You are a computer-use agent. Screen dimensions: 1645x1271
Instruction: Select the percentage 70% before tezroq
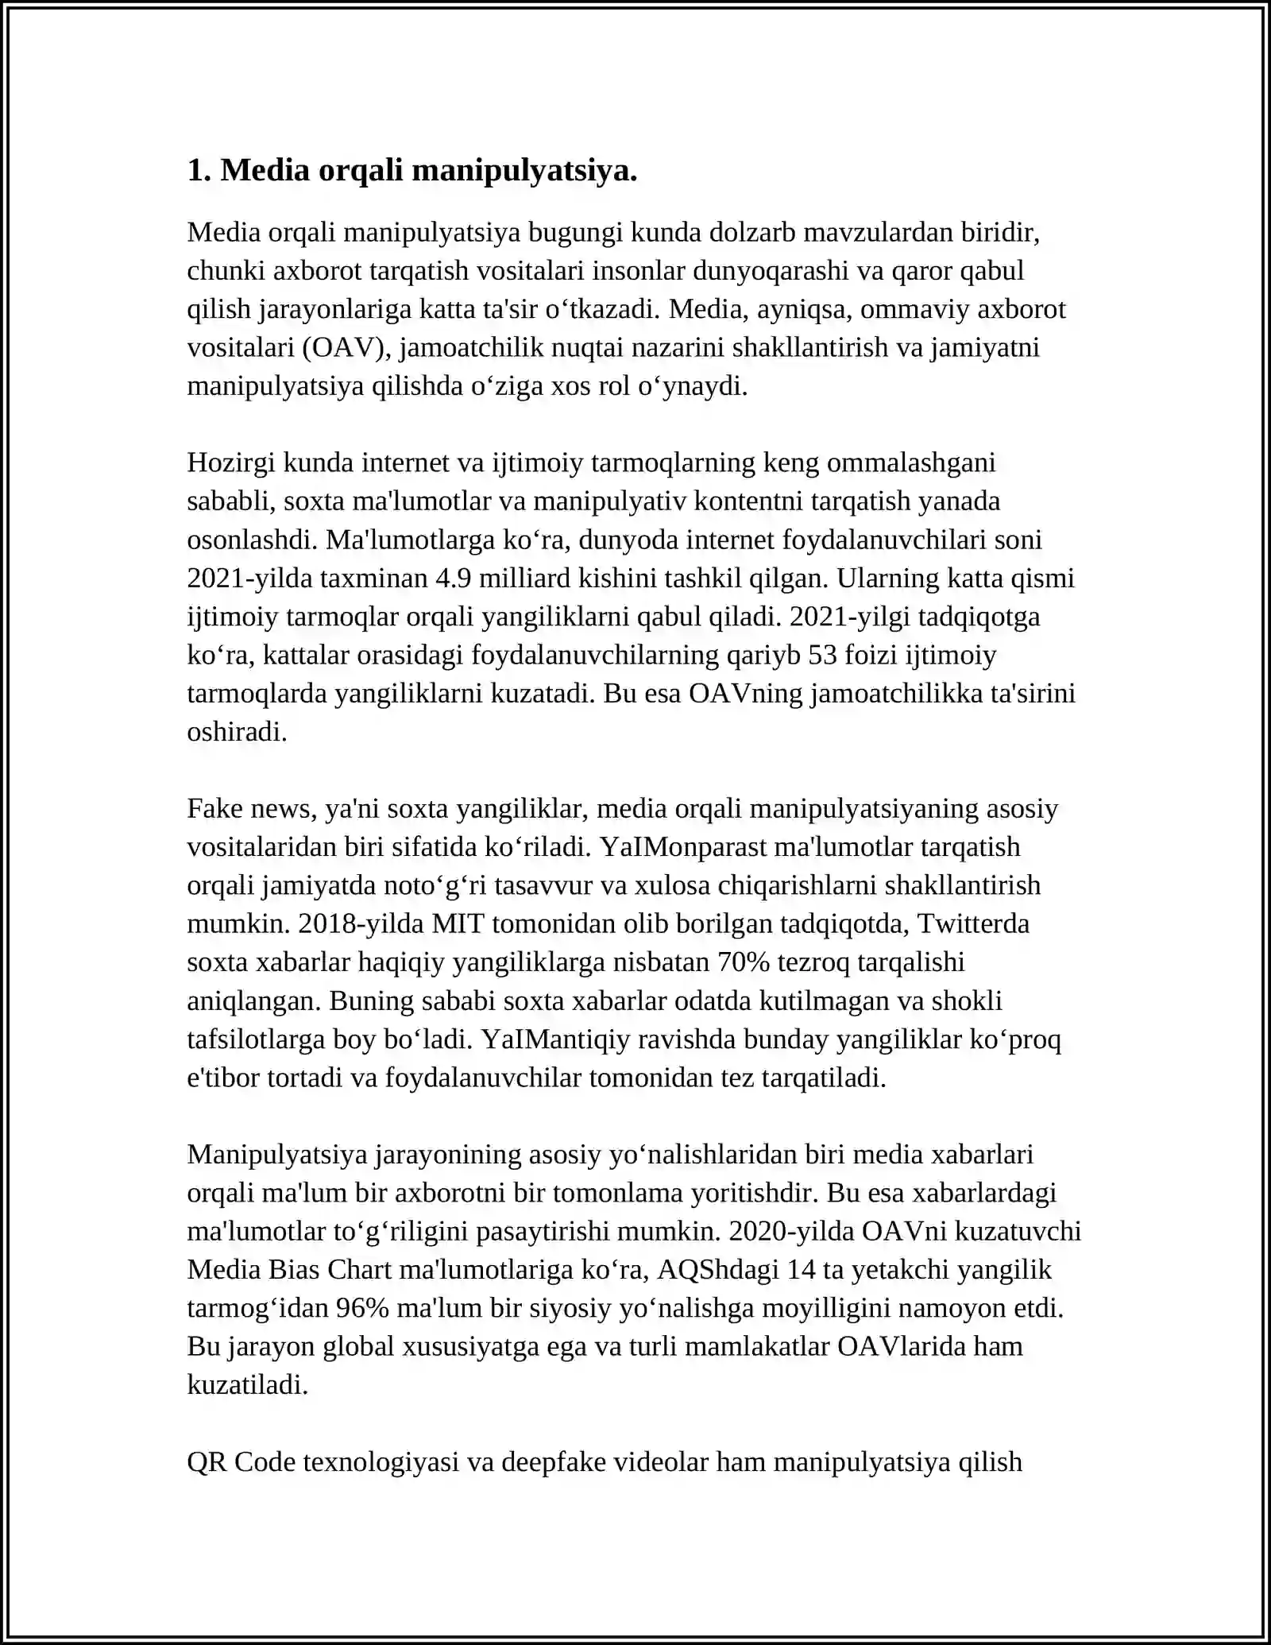[x=744, y=962]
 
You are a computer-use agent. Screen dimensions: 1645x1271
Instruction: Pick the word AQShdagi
[x=718, y=1270]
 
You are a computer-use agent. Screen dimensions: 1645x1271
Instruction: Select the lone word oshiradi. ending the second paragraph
[x=237, y=732]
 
